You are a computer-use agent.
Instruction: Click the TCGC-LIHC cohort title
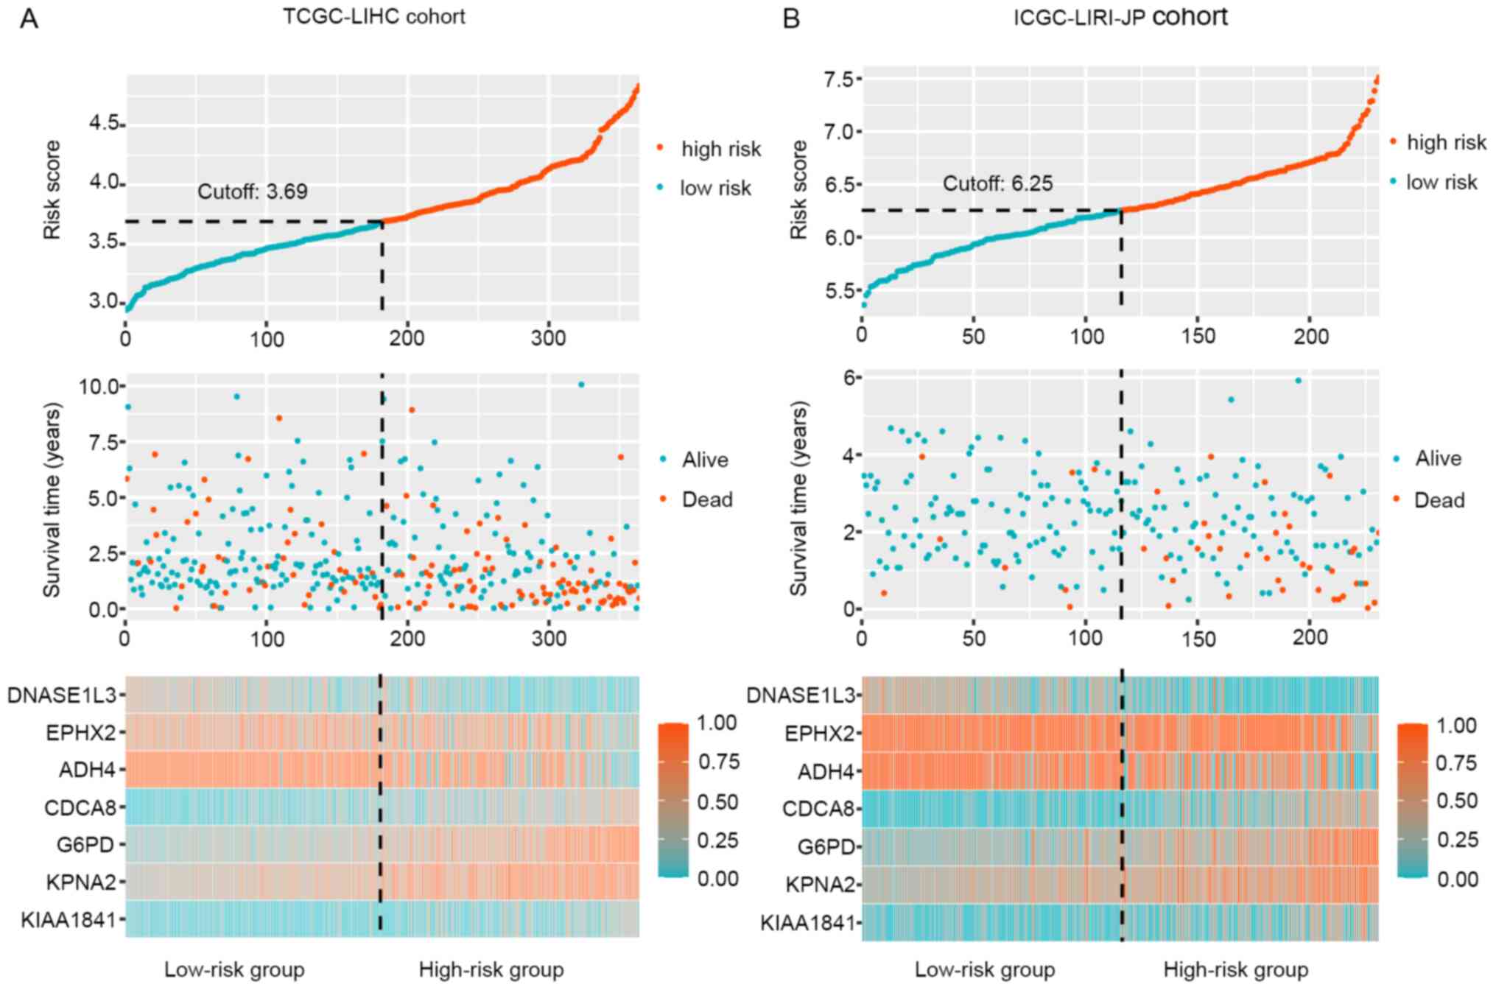[x=374, y=16]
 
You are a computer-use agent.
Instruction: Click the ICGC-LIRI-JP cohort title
[x=1120, y=16]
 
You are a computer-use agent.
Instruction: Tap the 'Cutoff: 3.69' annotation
[x=252, y=192]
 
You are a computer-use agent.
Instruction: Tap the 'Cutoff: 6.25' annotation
[x=997, y=183]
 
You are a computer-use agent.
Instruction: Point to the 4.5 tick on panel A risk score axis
[x=104, y=123]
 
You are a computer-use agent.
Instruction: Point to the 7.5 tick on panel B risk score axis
[x=840, y=79]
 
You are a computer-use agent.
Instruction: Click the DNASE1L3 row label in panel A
[x=62, y=695]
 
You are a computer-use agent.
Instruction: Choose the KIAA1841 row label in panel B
[x=808, y=922]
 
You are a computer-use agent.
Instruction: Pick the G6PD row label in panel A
[x=85, y=844]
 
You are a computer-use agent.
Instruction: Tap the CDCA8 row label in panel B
[x=818, y=809]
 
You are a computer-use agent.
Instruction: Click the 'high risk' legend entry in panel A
[x=720, y=149]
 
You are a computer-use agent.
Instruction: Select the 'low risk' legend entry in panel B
[x=1441, y=182]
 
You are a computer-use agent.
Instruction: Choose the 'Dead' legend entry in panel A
[x=706, y=499]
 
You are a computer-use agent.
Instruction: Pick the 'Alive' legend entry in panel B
[x=1438, y=458]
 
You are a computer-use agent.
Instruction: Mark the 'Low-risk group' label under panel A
[x=234, y=969]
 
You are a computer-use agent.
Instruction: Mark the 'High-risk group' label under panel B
[x=1235, y=969]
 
